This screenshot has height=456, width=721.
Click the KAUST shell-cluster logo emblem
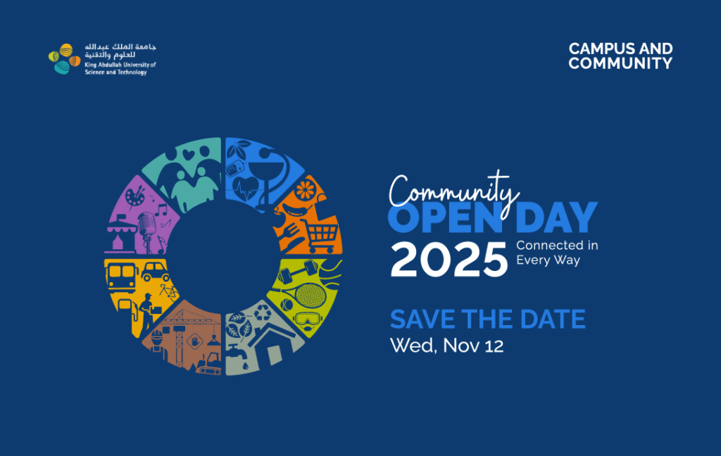click(64, 59)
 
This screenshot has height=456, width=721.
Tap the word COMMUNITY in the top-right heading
click(620, 63)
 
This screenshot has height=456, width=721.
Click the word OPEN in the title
click(445, 217)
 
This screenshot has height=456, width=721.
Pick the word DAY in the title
click(556, 217)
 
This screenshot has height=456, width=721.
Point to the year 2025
click(449, 260)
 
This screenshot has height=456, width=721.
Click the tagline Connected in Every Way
click(557, 253)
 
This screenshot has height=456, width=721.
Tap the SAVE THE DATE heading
click(488, 319)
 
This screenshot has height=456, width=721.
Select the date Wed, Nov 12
click(446, 346)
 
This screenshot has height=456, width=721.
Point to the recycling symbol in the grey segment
click(263, 312)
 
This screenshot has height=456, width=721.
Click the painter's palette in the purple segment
click(135, 196)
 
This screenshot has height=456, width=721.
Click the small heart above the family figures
click(189, 154)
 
